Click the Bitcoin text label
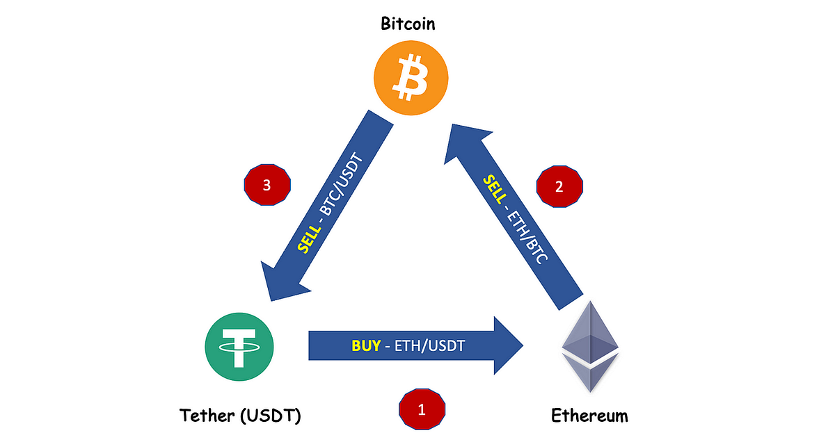click(x=408, y=24)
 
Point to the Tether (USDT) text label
click(x=240, y=416)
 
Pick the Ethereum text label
click(x=589, y=416)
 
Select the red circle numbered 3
click(x=267, y=186)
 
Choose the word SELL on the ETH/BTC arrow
click(x=494, y=190)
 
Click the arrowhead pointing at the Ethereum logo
click(x=508, y=345)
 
